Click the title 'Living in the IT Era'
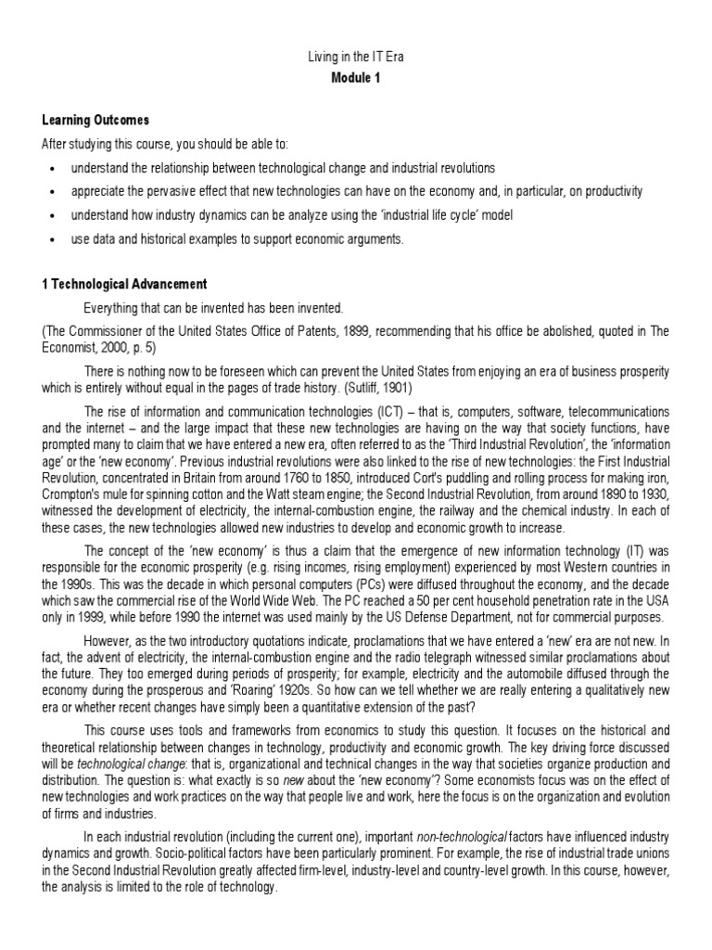pos(356,58)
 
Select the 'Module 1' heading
pos(356,78)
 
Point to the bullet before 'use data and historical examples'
pos(54,240)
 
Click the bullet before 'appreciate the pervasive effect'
pos(54,192)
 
